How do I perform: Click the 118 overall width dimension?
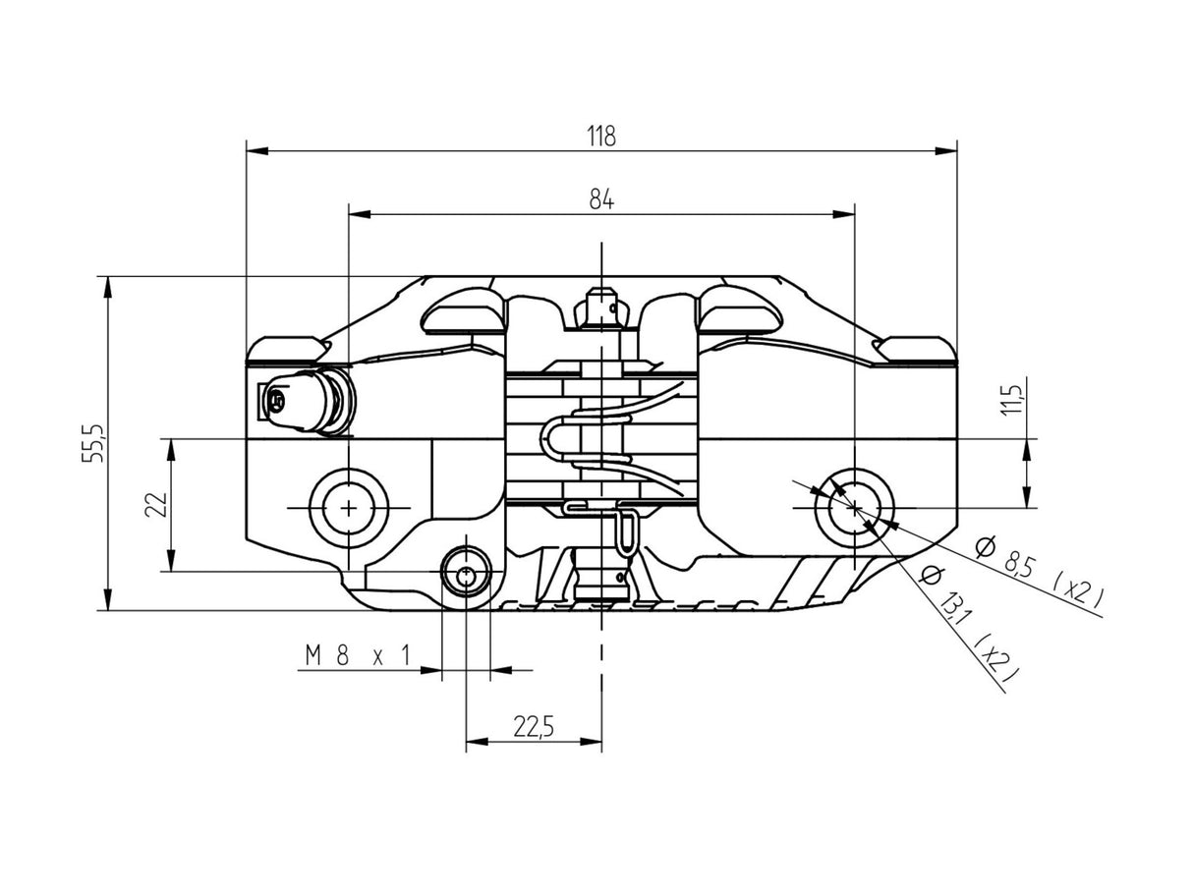601,137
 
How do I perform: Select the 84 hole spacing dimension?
601,199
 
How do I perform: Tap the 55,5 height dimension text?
95,444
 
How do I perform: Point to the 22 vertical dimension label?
154,504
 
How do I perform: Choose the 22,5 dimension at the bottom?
534,727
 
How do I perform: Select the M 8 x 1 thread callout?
356,655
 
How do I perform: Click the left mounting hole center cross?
348,508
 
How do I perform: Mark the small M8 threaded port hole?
466,575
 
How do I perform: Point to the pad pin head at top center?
600,307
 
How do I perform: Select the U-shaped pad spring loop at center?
555,438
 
